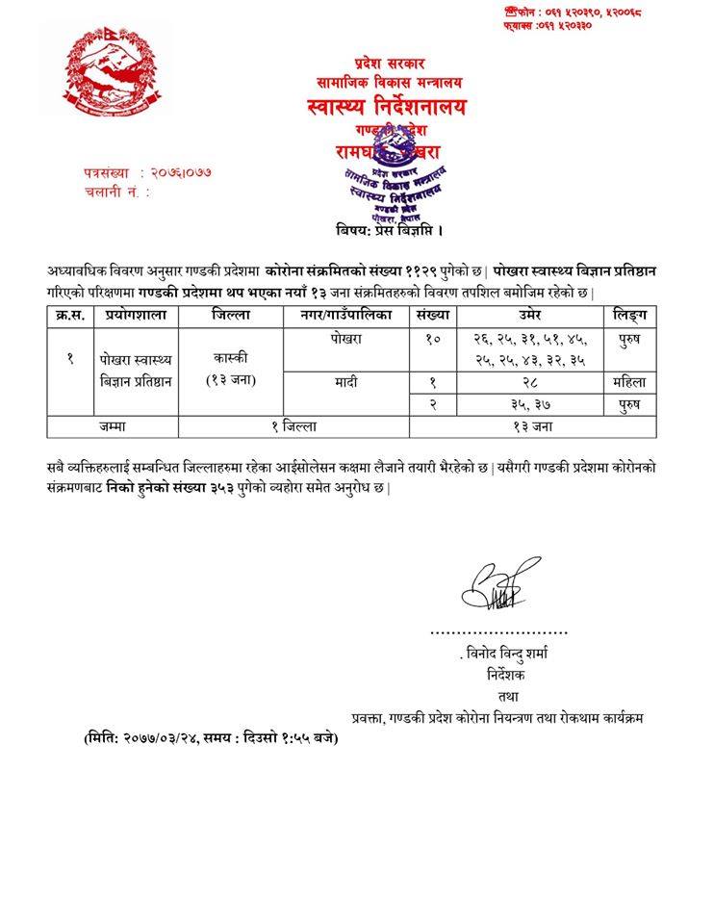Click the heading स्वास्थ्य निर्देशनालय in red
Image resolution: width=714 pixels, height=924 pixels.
point(383,106)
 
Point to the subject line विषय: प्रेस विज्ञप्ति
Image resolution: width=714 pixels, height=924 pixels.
point(390,231)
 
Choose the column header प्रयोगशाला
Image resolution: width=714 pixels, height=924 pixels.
point(134,316)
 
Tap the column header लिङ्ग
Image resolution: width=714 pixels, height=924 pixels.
point(630,316)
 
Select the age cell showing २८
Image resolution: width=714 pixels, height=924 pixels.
point(532,382)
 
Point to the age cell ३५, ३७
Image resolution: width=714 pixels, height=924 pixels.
point(532,402)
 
